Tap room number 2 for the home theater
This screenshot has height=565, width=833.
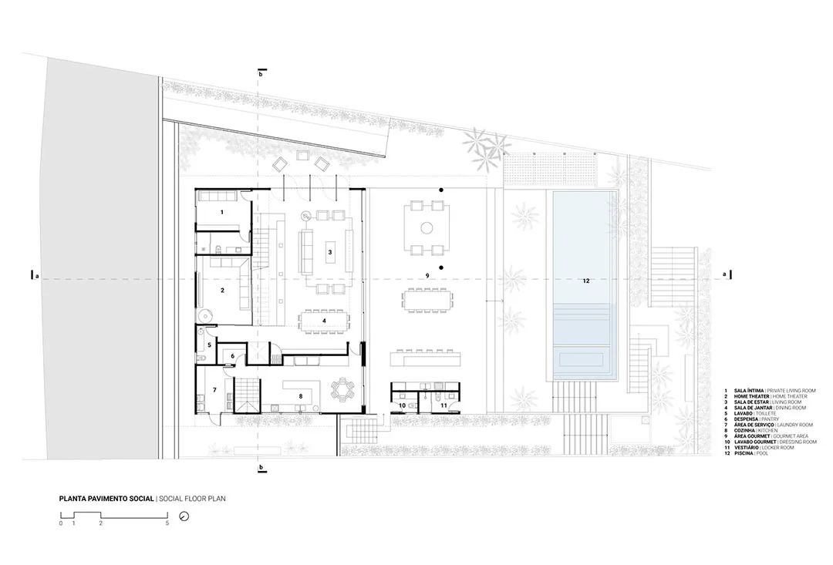[222, 291]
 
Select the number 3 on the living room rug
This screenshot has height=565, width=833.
[329, 252]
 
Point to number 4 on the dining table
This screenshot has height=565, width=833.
[324, 320]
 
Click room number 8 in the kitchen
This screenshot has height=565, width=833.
[300, 396]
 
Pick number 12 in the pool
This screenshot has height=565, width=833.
[585, 281]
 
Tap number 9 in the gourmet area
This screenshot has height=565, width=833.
[426, 275]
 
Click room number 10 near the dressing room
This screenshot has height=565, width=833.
[402, 404]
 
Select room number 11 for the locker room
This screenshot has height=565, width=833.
[443, 404]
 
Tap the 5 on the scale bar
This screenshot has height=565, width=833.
[167, 523]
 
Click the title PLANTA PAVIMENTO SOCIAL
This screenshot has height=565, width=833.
[107, 499]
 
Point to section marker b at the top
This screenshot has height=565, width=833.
[261, 75]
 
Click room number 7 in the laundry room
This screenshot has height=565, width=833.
[214, 390]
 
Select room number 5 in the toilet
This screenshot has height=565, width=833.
[208, 345]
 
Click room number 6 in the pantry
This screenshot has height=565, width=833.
[232, 355]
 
